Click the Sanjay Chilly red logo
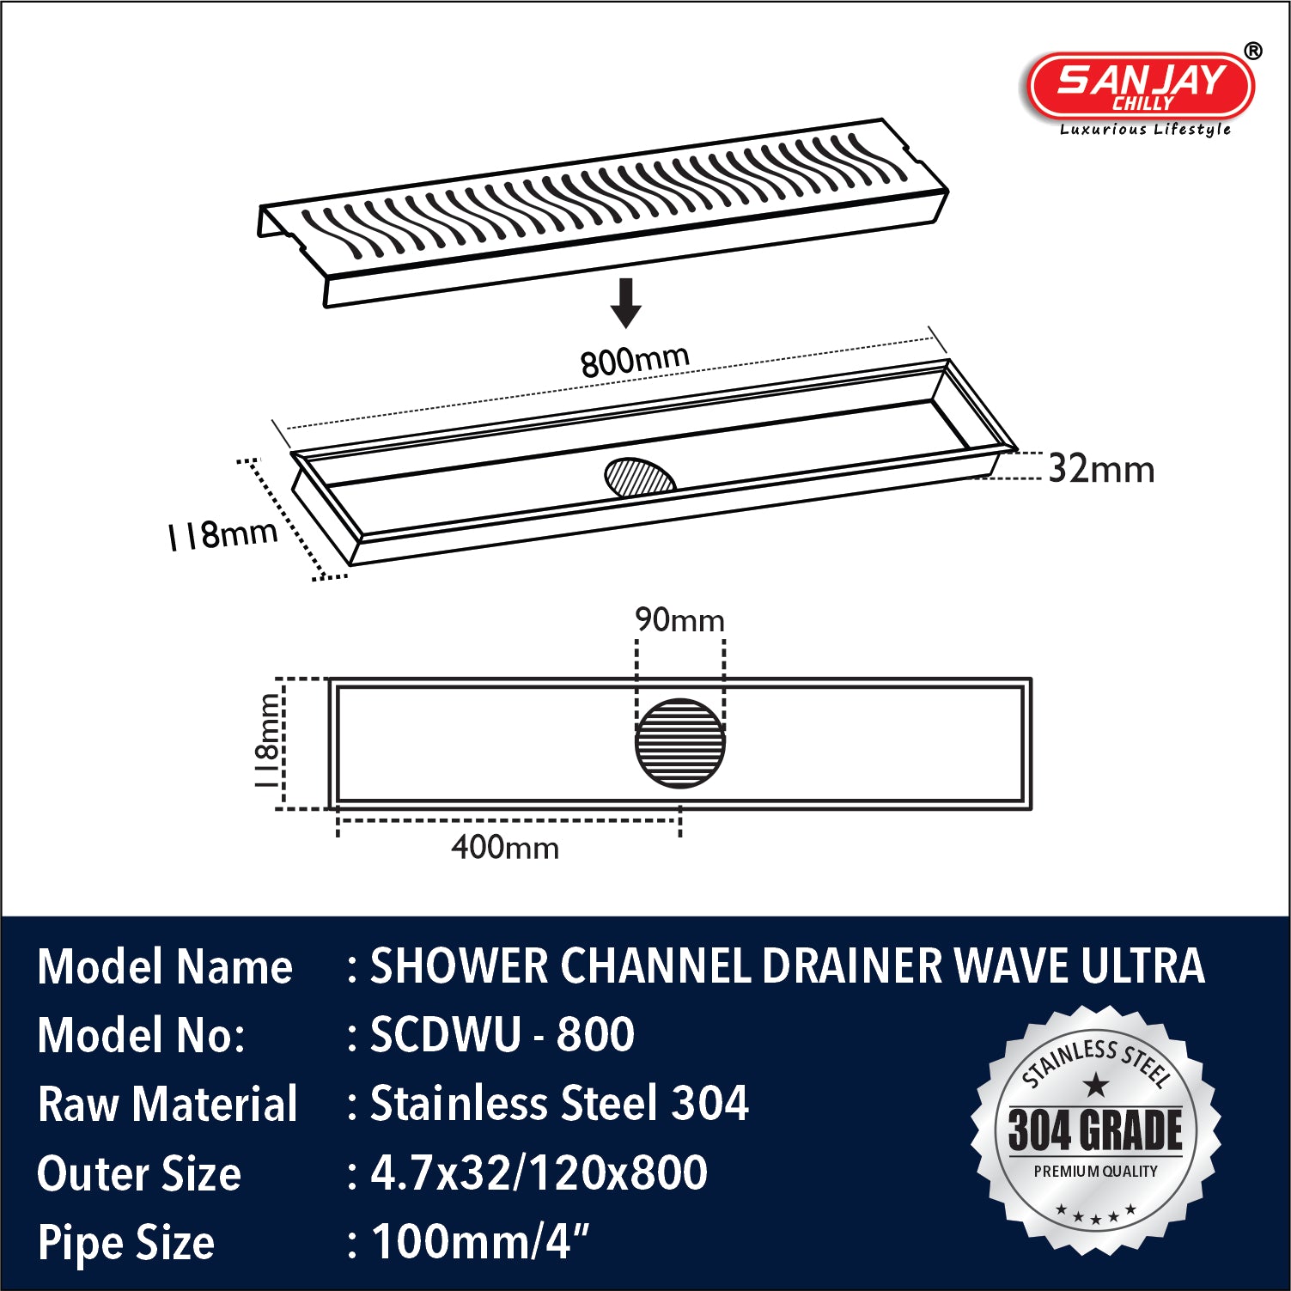pyautogui.click(x=1141, y=85)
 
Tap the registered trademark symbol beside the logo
pyautogui.click(x=1253, y=52)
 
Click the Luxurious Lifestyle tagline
pyautogui.click(x=1145, y=130)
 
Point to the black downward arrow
pyautogui.click(x=626, y=303)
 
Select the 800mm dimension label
pyautogui.click(x=635, y=361)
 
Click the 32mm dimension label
pyautogui.click(x=1101, y=470)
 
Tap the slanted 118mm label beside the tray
pyautogui.click(x=222, y=535)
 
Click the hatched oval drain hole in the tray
pyautogui.click(x=640, y=478)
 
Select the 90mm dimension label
pyautogui.click(x=679, y=620)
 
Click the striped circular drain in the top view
pyautogui.click(x=680, y=743)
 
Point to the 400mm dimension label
pyautogui.click(x=505, y=848)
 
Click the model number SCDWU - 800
pyautogui.click(x=502, y=1034)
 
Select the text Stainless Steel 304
pyautogui.click(x=559, y=1103)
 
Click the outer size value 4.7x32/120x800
pyautogui.click(x=539, y=1172)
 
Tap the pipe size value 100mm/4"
pyautogui.click(x=480, y=1241)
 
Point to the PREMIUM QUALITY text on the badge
pyautogui.click(x=1095, y=1172)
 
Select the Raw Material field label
pyautogui.click(x=167, y=1104)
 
